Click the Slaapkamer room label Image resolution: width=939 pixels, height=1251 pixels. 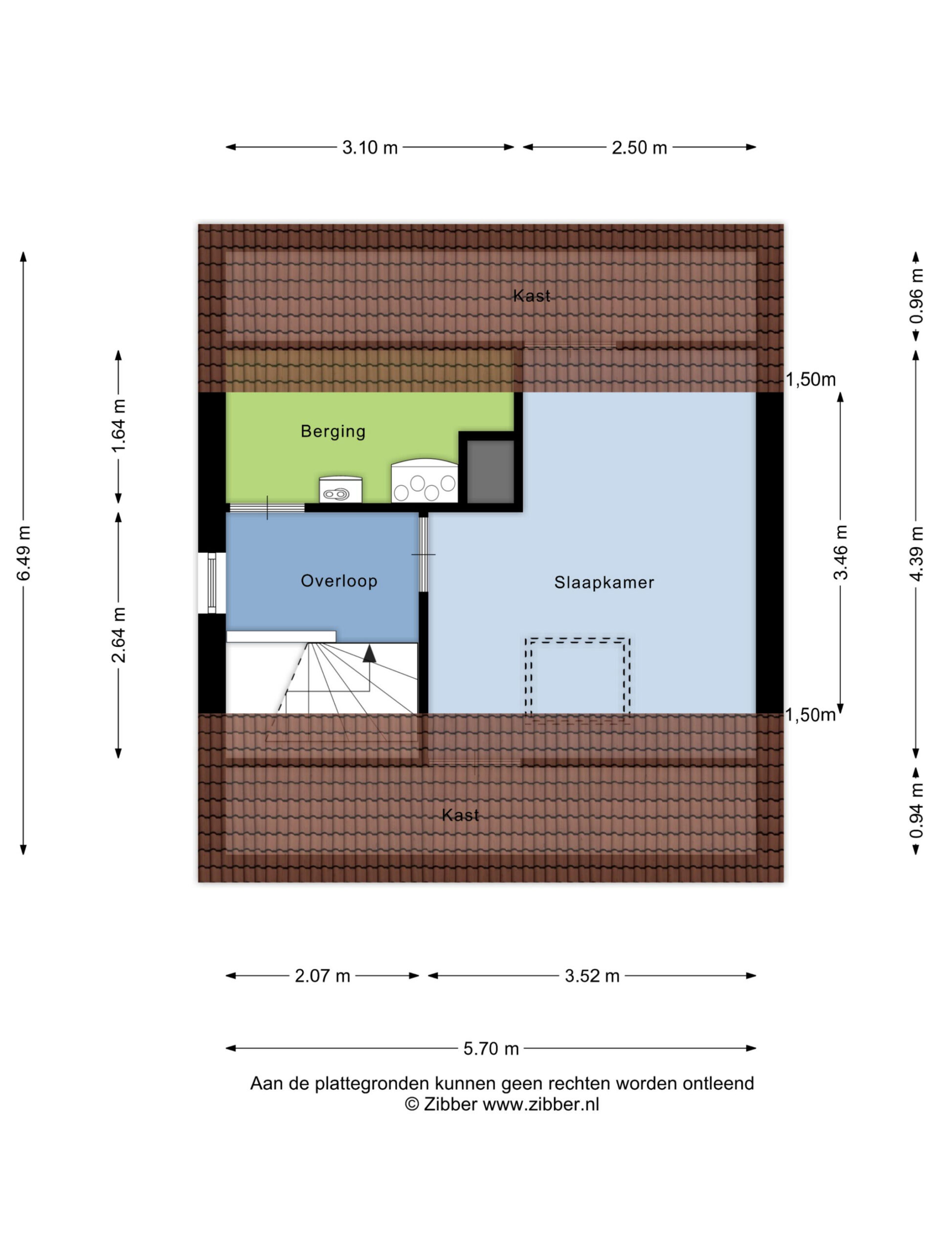[x=604, y=582]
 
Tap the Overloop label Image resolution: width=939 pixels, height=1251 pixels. [x=339, y=580]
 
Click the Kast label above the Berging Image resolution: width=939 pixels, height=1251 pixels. [x=532, y=295]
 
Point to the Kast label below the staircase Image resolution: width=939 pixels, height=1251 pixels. [x=460, y=815]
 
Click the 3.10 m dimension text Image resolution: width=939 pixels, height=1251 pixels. [x=370, y=148]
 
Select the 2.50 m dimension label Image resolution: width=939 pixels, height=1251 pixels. [x=639, y=148]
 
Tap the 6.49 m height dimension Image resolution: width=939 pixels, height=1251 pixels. [x=24, y=553]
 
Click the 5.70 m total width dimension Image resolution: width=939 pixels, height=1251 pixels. [x=491, y=1049]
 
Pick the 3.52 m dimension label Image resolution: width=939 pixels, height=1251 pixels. [x=592, y=975]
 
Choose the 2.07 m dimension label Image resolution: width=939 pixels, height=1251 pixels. [x=322, y=975]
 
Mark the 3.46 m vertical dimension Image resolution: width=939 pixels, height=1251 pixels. [x=841, y=553]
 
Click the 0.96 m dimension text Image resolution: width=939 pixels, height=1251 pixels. [x=916, y=296]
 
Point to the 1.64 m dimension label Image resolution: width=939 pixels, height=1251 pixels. [x=118, y=426]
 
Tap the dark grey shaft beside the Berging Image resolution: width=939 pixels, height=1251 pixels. [x=490, y=472]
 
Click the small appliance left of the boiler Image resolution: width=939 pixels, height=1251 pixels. [x=340, y=490]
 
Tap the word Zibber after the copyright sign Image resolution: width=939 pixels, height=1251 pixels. [x=450, y=1104]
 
